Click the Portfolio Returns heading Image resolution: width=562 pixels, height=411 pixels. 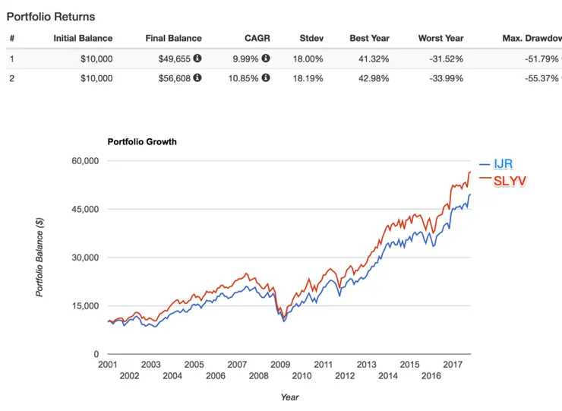click(51, 16)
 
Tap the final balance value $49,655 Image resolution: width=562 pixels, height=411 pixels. click(173, 58)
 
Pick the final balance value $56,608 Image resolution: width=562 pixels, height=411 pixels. click(173, 77)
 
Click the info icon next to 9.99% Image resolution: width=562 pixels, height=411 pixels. click(266, 58)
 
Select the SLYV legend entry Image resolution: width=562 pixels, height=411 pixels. click(510, 180)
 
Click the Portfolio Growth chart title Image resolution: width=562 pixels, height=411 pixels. click(142, 141)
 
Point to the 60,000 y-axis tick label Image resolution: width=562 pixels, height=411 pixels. click(85, 161)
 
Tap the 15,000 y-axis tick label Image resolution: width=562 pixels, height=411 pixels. click(85, 305)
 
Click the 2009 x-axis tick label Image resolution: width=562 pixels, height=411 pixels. click(280, 364)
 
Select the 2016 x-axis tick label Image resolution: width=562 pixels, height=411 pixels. click(431, 376)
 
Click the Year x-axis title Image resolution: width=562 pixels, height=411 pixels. click(289, 397)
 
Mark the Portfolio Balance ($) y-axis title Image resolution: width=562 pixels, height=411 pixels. click(39, 257)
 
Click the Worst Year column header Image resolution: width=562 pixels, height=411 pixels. click(441, 38)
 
